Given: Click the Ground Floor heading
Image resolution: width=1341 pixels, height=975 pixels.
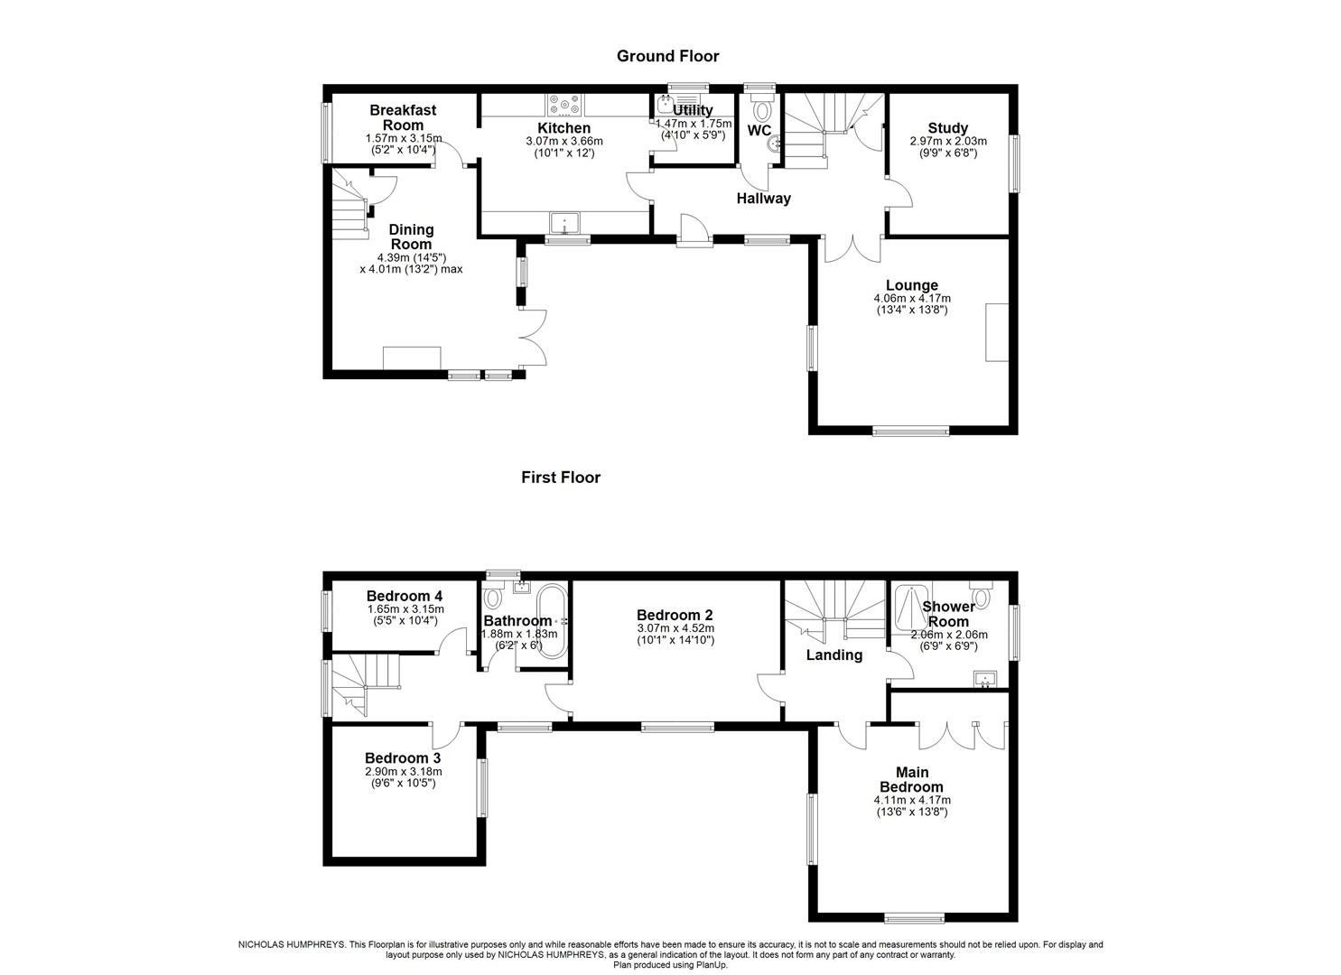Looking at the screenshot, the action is (x=667, y=56).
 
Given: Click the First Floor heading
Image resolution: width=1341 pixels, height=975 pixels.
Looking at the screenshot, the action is (x=561, y=477).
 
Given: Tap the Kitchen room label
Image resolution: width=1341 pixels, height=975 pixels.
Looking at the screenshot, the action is (x=563, y=128).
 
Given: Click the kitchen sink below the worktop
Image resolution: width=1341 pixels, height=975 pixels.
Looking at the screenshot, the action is (x=564, y=222).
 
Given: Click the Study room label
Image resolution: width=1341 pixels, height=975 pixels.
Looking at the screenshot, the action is (x=947, y=128).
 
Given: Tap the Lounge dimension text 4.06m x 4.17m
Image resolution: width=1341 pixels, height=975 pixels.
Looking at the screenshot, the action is (x=912, y=298).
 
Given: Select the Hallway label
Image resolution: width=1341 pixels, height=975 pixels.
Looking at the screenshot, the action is (x=763, y=198).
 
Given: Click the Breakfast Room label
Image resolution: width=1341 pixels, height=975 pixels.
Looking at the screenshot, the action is (x=403, y=118).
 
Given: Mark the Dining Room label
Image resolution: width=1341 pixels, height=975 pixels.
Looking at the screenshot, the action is (x=411, y=237).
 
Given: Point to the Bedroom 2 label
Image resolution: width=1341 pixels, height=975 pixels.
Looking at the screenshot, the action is (x=675, y=616).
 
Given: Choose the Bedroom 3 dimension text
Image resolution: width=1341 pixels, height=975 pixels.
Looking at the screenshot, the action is (x=404, y=777).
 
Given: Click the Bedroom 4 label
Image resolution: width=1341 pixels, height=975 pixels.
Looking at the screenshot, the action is (x=404, y=596).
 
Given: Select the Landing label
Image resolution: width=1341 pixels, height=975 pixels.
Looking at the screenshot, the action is (x=833, y=655).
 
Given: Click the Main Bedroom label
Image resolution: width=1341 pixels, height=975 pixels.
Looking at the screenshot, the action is (x=912, y=779).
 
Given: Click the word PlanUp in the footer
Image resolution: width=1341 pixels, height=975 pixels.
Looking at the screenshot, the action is (x=712, y=965).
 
